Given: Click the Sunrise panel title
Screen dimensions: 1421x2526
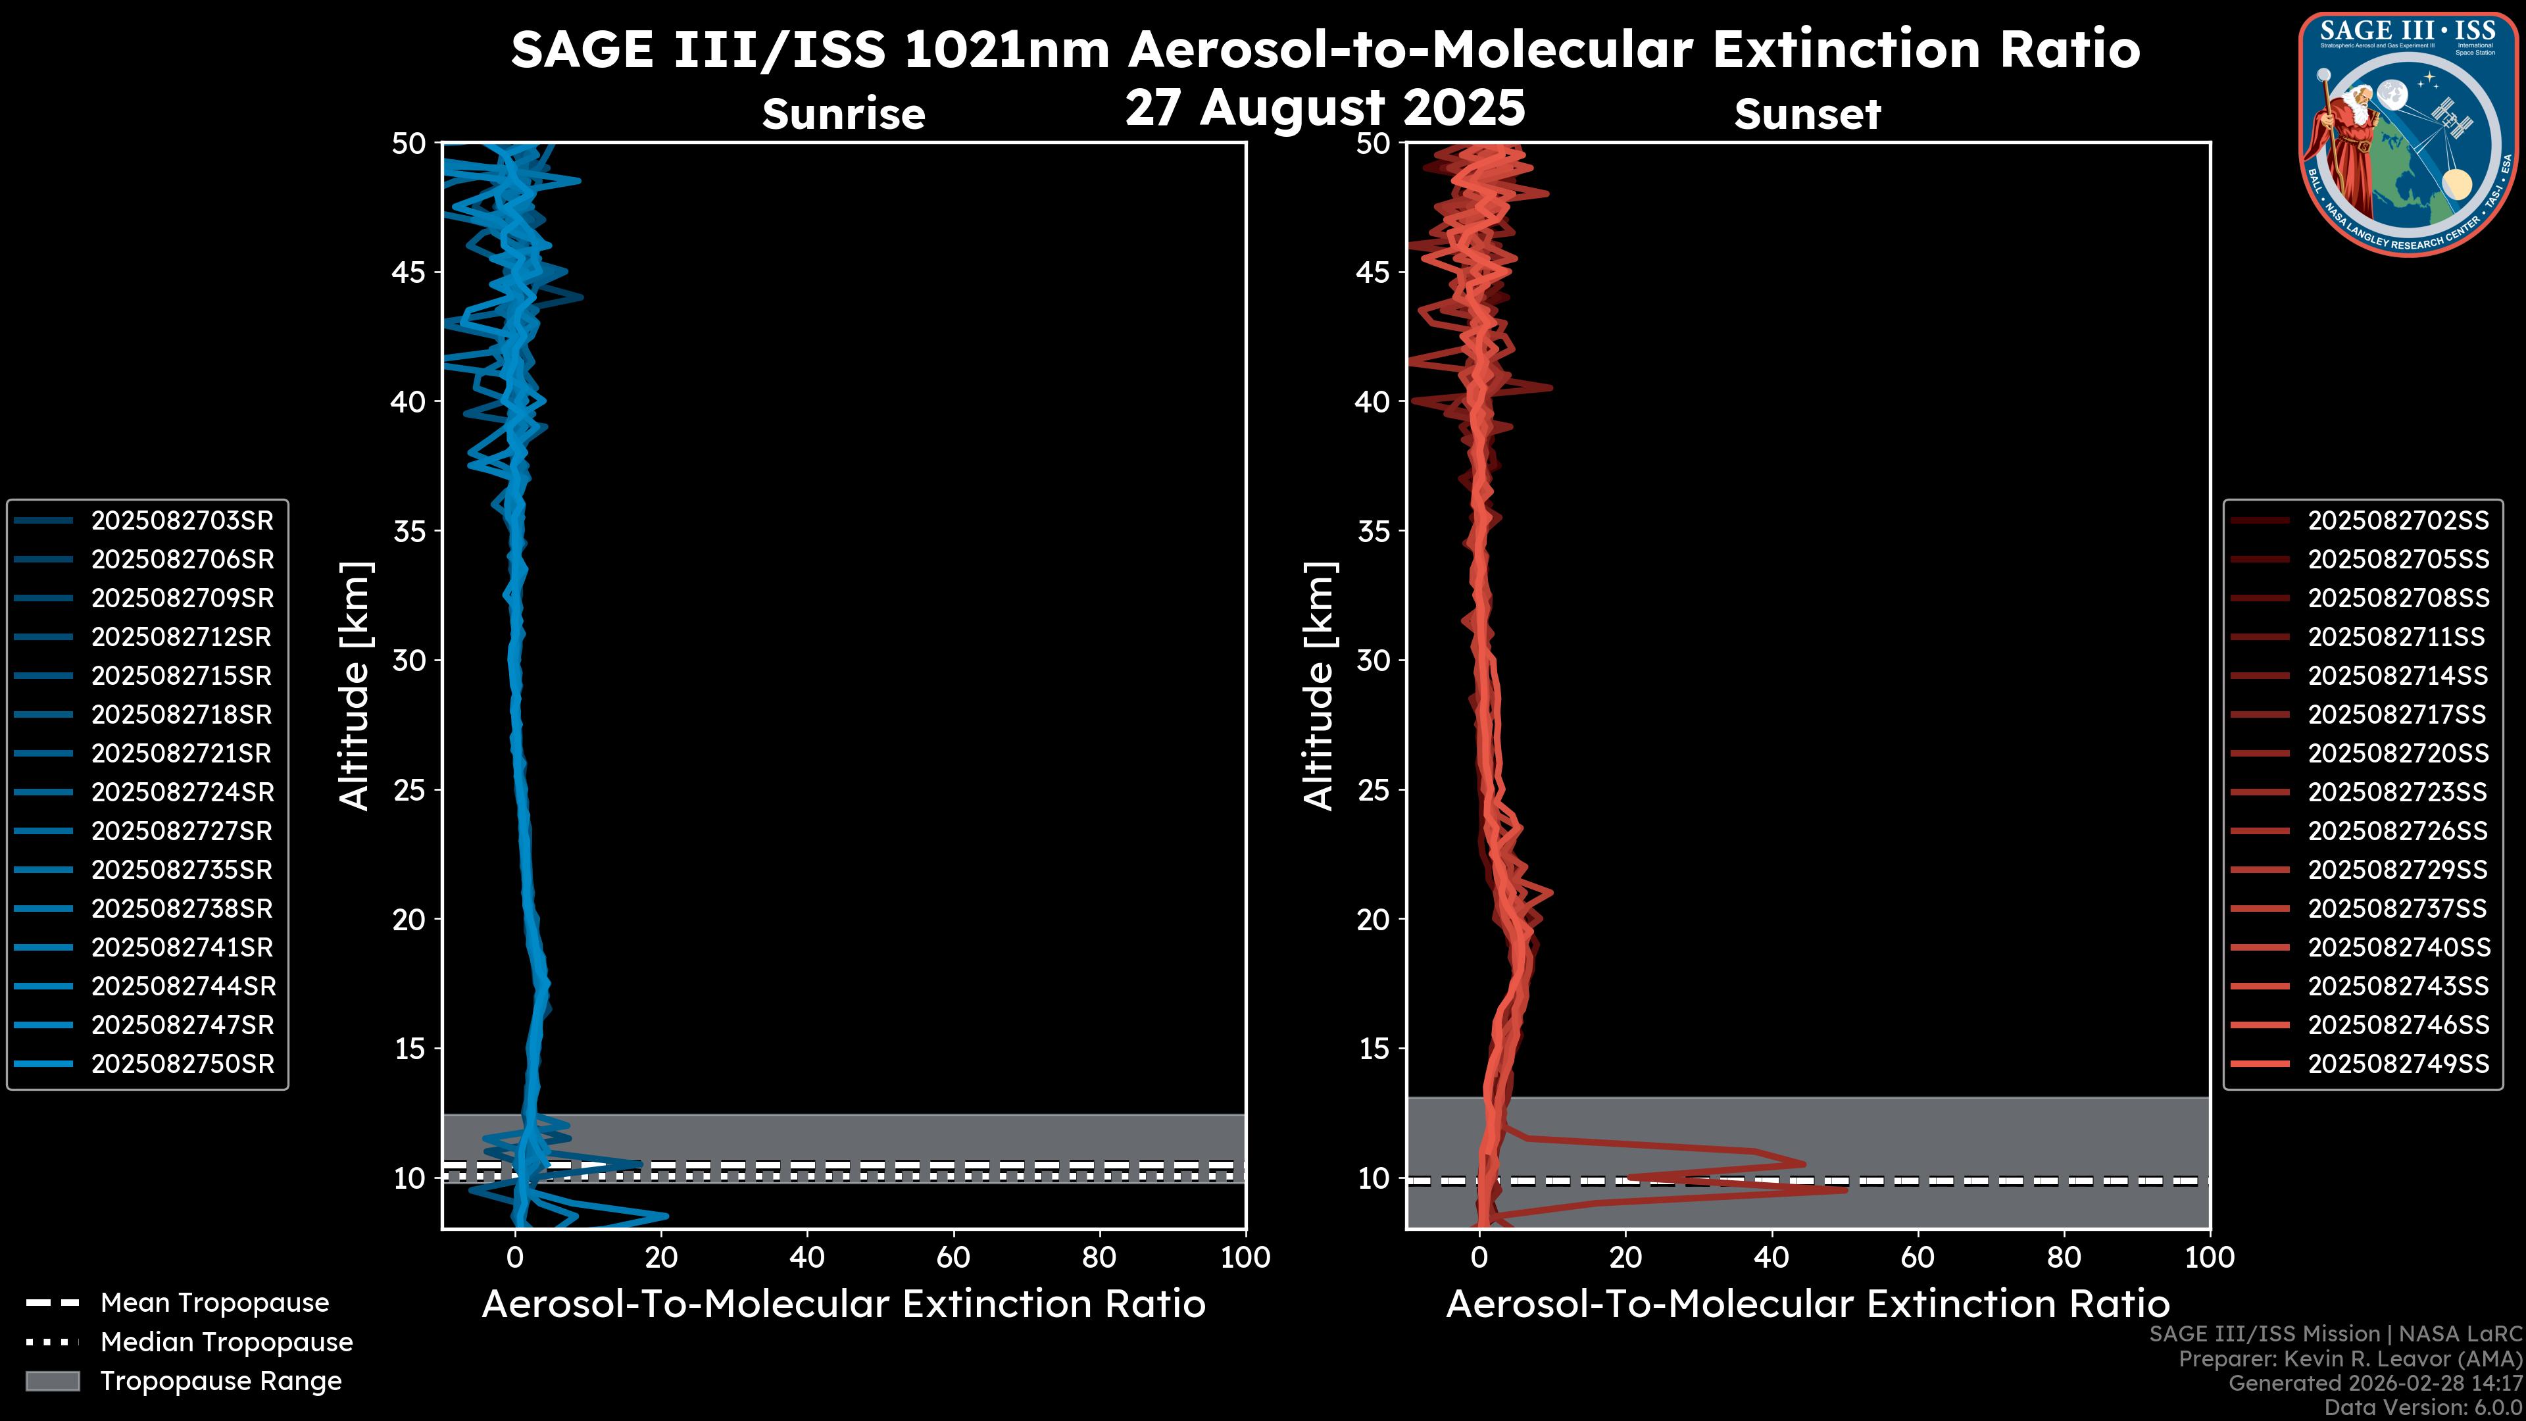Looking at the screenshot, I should click(x=843, y=114).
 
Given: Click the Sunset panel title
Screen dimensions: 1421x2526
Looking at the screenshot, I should click(x=1807, y=114).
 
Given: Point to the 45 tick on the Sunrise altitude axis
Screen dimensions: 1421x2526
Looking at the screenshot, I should click(x=409, y=272).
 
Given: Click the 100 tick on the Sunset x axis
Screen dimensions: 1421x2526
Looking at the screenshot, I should click(x=2210, y=1257).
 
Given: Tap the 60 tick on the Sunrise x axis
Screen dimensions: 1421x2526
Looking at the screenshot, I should click(x=953, y=1257).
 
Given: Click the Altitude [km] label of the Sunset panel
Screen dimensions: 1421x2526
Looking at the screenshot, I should click(x=1319, y=686).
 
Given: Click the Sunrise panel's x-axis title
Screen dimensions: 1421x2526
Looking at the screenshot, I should click(x=843, y=1305).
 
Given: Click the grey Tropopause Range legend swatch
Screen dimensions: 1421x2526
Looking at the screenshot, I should click(x=52, y=1381).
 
